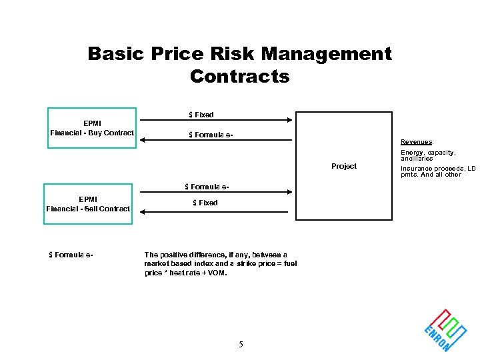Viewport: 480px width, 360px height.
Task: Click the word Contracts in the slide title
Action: [x=240, y=77]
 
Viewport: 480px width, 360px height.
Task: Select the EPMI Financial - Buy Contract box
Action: [x=92, y=127]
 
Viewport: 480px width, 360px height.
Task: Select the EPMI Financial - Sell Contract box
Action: [x=88, y=203]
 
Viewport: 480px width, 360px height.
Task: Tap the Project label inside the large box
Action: [x=344, y=166]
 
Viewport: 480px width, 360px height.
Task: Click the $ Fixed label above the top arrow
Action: [x=201, y=115]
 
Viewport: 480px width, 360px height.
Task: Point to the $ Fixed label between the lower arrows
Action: [x=205, y=203]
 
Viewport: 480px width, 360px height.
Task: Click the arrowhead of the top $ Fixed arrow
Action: [x=289, y=121]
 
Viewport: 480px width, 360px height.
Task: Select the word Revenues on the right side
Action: [x=417, y=142]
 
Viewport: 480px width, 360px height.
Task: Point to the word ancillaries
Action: [x=417, y=159]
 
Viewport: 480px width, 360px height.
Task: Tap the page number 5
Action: [x=241, y=345]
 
